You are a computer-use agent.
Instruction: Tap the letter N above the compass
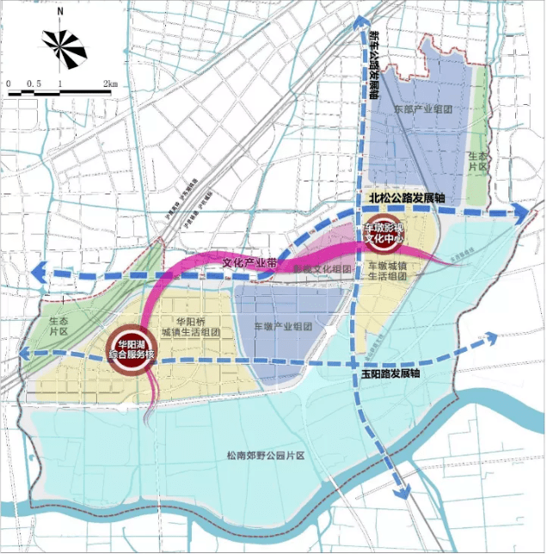point(59,12)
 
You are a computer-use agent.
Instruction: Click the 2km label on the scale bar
point(109,83)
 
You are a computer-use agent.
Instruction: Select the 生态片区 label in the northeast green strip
point(477,161)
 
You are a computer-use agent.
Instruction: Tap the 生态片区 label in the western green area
point(58,324)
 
